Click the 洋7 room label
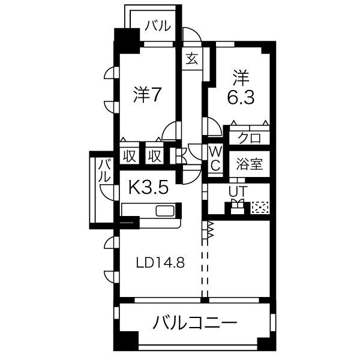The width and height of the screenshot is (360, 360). [145, 94]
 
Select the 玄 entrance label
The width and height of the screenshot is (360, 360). [191, 59]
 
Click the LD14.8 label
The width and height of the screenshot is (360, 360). [161, 263]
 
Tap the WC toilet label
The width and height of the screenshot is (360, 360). [215, 158]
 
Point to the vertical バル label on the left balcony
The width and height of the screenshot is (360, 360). [104, 171]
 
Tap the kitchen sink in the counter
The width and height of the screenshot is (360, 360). [165, 211]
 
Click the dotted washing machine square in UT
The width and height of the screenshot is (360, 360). [260, 208]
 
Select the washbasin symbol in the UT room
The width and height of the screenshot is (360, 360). [236, 207]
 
